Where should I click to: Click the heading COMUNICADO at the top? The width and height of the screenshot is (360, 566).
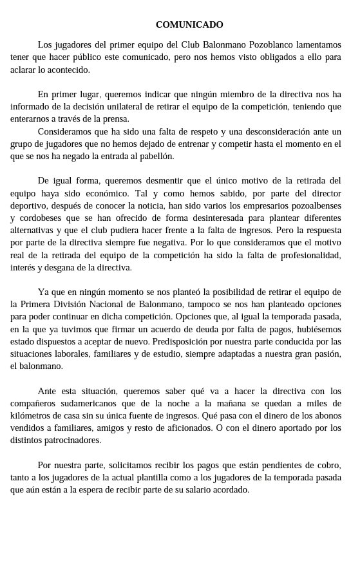[x=189, y=24]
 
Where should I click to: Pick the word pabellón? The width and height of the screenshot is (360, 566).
[x=155, y=156]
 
